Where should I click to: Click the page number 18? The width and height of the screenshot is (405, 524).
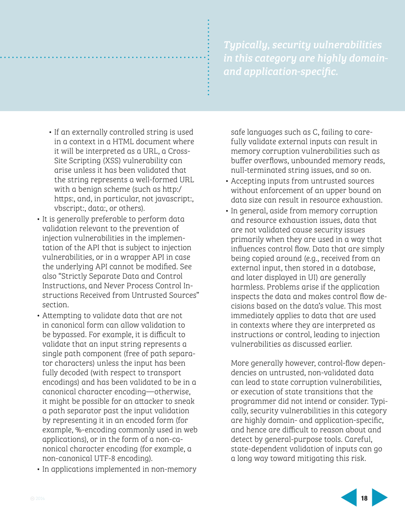pos(364,497)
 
